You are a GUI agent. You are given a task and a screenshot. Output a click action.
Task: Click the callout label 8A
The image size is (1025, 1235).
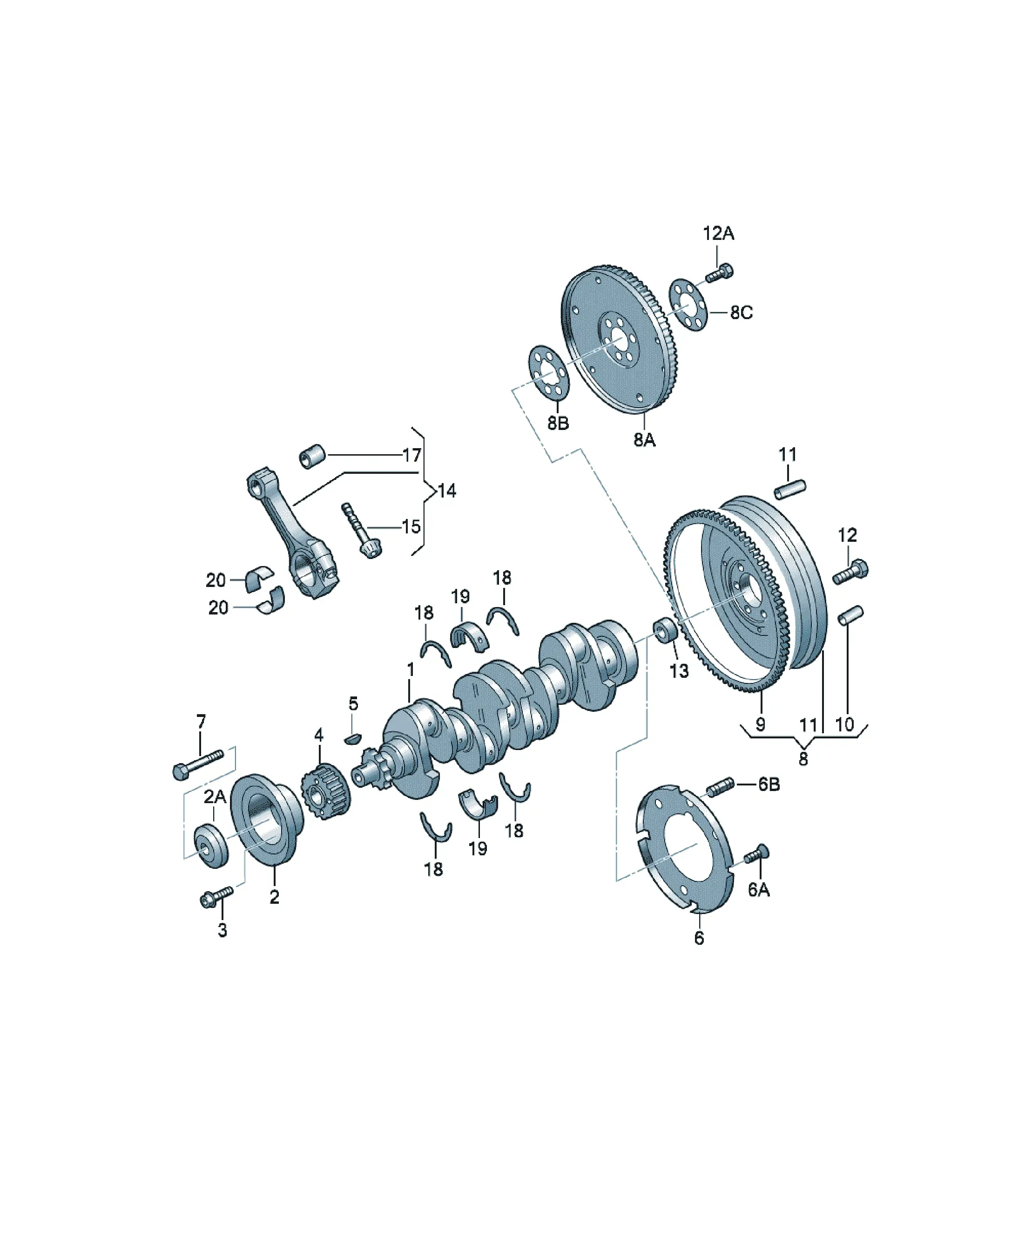tap(644, 439)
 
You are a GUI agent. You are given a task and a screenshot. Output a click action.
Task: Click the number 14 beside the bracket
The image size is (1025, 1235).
tap(447, 491)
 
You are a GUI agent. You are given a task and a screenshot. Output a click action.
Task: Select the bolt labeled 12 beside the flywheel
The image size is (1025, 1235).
tap(850, 572)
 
